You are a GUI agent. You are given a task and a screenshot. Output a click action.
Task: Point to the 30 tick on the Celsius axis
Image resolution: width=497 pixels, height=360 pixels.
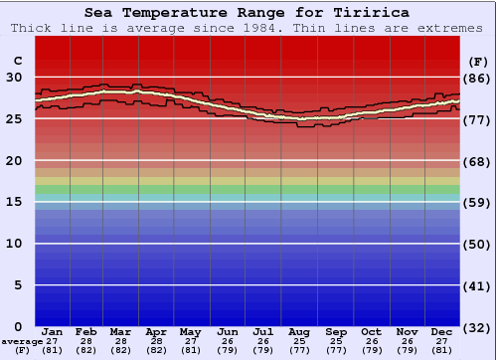coord(16,77)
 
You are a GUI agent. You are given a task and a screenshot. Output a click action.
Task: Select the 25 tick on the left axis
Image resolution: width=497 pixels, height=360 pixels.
coord(16,118)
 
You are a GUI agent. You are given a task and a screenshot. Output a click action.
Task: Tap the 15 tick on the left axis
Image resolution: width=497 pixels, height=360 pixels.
coord(16,202)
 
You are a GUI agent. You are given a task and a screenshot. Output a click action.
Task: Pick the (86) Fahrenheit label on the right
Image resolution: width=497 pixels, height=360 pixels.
coord(478,78)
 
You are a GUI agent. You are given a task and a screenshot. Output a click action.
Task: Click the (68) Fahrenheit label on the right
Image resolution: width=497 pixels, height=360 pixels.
coord(478,161)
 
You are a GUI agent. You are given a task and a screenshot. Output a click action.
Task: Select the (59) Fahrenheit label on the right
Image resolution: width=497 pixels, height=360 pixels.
coord(478,203)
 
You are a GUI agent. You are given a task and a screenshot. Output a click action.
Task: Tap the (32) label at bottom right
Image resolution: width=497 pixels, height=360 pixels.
coord(478,327)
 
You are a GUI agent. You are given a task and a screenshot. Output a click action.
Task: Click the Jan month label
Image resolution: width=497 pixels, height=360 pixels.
coord(53,331)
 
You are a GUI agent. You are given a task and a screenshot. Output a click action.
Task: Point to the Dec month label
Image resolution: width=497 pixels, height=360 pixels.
coord(442,331)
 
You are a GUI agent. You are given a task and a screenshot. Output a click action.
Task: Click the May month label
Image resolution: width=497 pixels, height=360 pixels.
coord(189,331)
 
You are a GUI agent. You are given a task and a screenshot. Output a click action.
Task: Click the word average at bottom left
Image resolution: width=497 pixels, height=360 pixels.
coord(22,341)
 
